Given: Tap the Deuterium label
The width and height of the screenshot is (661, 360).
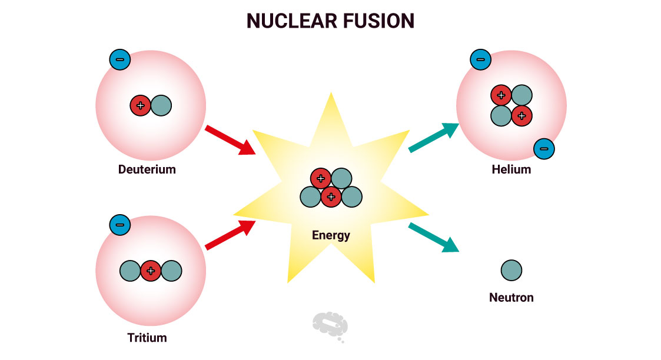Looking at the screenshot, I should pos(147,170).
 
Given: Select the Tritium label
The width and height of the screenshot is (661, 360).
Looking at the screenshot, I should pos(147,338).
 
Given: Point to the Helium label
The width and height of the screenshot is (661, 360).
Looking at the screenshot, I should pos(511,169).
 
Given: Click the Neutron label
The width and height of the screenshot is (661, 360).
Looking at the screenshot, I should pos(511,297).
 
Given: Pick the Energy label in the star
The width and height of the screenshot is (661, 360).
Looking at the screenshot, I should pos(331,235).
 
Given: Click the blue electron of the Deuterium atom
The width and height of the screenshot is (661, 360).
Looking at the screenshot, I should pos(120,59).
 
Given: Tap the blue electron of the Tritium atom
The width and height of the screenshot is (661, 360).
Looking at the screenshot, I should pos(120,225).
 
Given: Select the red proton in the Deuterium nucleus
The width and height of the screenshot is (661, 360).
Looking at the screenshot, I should pos(140,106).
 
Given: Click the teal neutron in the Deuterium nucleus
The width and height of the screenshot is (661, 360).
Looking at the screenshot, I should pos(161,106).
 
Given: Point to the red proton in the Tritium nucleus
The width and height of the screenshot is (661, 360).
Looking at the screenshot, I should pos(151,271).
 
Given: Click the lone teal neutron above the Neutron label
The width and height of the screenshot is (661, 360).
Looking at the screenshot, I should pos(511,271).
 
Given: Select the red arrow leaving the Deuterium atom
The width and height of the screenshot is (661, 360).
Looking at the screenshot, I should pos(230,139).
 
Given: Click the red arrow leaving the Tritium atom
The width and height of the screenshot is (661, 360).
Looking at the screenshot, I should pos(230,235).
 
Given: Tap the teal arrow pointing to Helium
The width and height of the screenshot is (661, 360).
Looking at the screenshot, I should pos(434,138).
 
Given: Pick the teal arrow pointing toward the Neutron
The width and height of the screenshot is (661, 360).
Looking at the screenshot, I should pos(434,238).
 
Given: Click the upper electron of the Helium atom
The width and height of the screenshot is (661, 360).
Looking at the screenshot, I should pos(480,59).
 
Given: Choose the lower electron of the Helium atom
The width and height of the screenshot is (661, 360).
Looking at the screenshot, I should pos(544,149).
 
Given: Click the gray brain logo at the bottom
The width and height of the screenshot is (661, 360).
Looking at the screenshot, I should pos(330,325).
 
